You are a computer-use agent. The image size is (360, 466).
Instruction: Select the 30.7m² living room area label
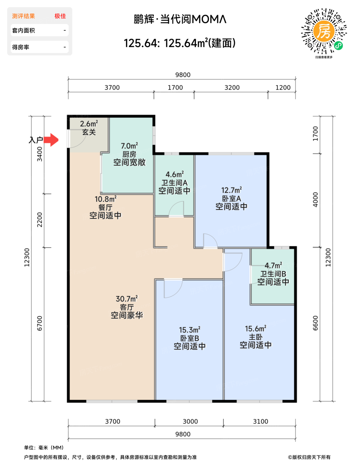coord(127,299)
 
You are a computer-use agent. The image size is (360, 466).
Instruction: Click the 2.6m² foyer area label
coord(89,124)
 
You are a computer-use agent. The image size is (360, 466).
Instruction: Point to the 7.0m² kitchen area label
coord(129,146)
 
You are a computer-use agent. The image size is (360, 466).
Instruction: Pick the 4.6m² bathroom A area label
coord(175,174)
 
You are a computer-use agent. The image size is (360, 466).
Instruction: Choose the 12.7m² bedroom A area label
coord(231,190)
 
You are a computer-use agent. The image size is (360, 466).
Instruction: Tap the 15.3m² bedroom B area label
coord(189,330)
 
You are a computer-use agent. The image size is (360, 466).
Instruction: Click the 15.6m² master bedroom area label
coord(255,329)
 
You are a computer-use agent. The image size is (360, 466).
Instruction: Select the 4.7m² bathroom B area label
coord(273,266)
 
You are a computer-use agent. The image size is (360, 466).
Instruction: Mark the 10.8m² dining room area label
coord(106,199)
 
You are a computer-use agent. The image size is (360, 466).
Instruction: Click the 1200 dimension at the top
coord(283,88)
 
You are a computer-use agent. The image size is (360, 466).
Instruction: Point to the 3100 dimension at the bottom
coord(260,421)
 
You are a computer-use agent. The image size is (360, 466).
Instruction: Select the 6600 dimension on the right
coord(315,323)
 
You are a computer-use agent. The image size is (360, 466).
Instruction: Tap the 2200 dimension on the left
coord(40,220)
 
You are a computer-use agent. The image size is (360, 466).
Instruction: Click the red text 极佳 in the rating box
coord(60,16)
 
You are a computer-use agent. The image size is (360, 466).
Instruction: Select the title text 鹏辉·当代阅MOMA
coord(180,19)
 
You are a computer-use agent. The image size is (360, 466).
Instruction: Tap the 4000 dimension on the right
coord(315,200)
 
